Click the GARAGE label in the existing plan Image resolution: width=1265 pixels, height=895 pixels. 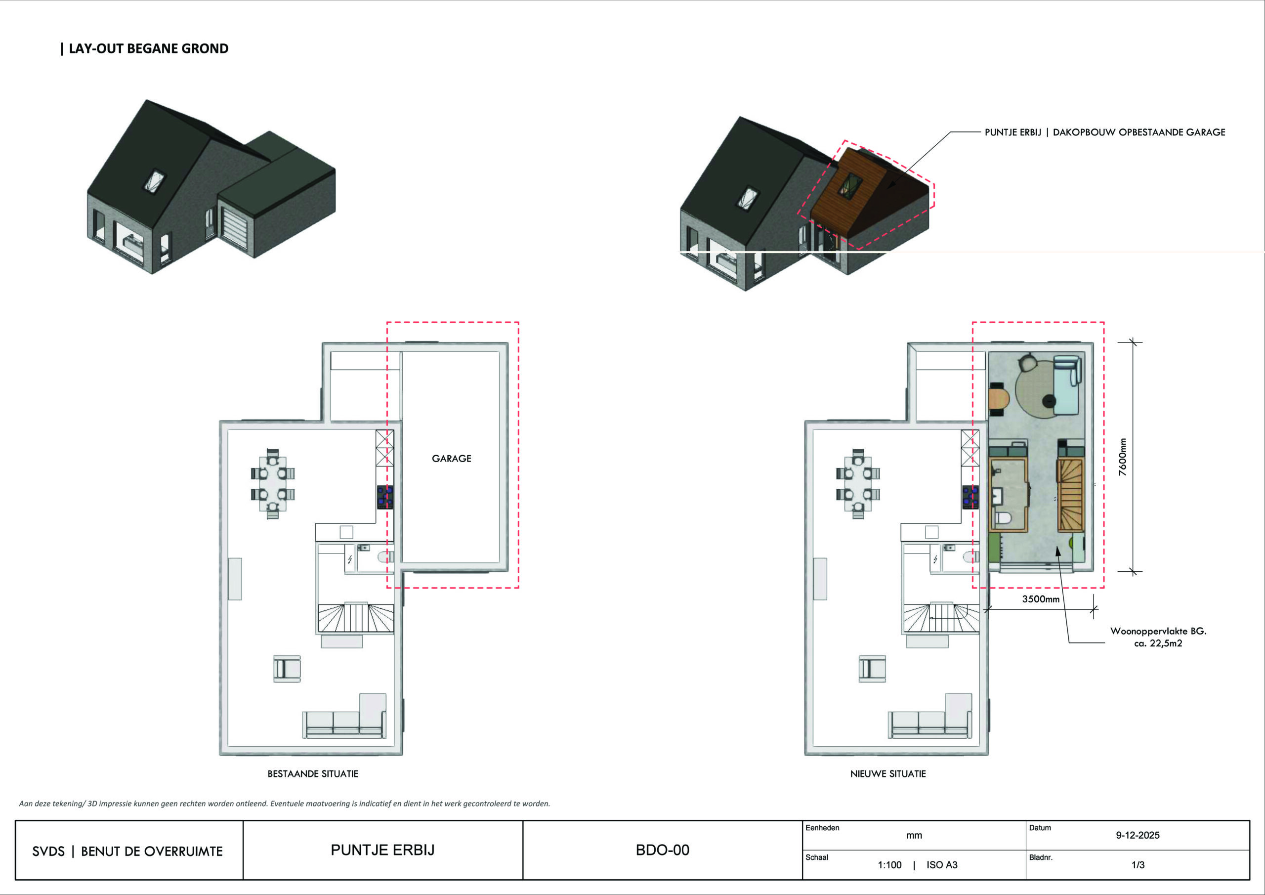pyautogui.click(x=451, y=459)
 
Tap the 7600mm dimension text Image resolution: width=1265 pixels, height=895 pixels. pyautogui.click(x=1122, y=457)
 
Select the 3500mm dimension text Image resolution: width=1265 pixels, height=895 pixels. pyautogui.click(x=1040, y=599)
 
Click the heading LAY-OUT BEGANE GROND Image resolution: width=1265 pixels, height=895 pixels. pyautogui.click(x=148, y=48)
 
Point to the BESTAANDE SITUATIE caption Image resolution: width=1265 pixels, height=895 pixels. pyautogui.click(x=312, y=774)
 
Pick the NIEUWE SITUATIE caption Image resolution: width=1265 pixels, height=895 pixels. pyautogui.click(x=887, y=774)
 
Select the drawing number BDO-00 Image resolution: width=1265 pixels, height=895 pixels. pyautogui.click(x=662, y=850)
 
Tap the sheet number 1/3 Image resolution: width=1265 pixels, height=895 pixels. pyautogui.click(x=1138, y=865)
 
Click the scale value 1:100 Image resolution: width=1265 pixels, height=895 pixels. pyautogui.click(x=889, y=865)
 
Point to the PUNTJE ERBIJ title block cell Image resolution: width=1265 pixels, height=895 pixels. pyautogui.click(x=382, y=850)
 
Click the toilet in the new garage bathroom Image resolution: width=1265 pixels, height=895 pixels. pyautogui.click(x=1002, y=518)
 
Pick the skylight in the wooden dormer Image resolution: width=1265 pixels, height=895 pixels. pyautogui.click(x=849, y=184)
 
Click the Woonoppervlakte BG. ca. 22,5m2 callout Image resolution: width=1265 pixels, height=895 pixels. pyautogui.click(x=1158, y=637)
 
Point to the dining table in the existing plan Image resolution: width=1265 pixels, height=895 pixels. pyautogui.click(x=272, y=484)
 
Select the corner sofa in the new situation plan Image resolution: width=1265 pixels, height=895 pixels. pyautogui.click(x=931, y=719)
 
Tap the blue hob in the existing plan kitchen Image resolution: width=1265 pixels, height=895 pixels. pyautogui.click(x=384, y=497)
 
